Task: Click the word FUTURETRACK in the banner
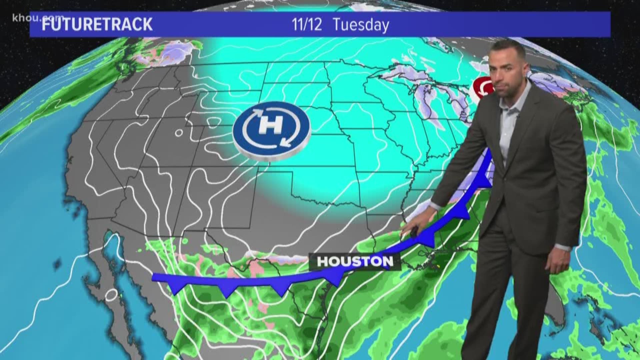[97, 25]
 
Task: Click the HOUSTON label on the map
[355, 262]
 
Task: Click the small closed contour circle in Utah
[179, 133]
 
